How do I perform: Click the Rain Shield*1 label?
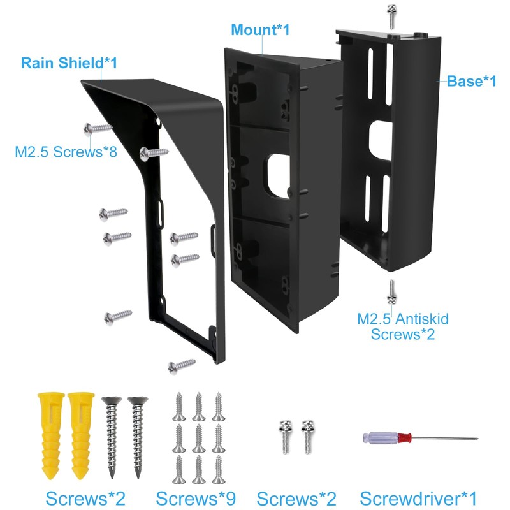click(x=69, y=63)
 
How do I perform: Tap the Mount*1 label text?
click(x=260, y=29)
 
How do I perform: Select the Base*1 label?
click(x=471, y=81)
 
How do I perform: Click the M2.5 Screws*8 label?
click(x=66, y=152)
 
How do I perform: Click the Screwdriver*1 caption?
click(x=418, y=498)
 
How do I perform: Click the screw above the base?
click(x=391, y=15)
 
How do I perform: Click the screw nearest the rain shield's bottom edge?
click(x=181, y=365)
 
